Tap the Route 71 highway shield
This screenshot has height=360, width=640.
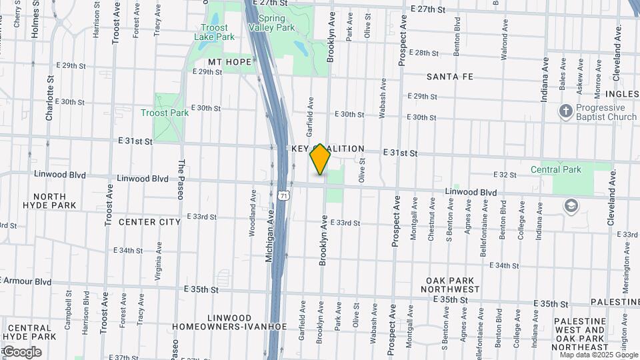click(285, 195)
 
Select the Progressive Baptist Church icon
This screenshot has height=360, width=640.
click(566, 111)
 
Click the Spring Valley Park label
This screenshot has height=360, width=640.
click(271, 23)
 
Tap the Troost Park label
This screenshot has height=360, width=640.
click(165, 113)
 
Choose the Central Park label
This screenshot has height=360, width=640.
click(556, 169)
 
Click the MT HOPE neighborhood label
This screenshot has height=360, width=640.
click(230, 62)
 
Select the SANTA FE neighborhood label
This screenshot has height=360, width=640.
click(450, 77)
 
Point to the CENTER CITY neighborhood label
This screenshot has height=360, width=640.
click(150, 222)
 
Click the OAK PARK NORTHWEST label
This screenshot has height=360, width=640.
click(450, 285)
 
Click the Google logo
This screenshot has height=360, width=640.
click(21, 351)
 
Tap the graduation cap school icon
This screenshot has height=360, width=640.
click(571, 206)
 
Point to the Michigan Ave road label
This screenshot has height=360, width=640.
click(270, 235)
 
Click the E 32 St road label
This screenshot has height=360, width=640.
click(505, 175)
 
